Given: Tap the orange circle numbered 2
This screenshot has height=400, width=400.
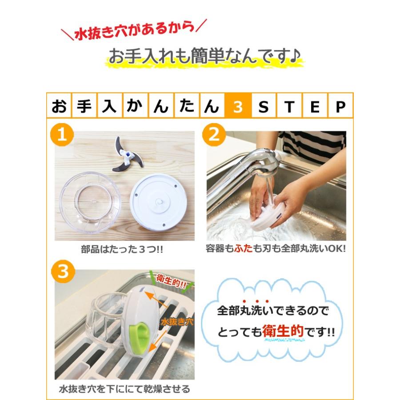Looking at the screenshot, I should pos(214,135).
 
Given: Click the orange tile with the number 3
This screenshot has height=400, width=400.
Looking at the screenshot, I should pos(238,107).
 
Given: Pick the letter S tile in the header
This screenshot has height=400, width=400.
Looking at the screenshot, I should pos(264,107).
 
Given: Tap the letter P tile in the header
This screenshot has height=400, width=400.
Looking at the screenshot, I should pos(340,107).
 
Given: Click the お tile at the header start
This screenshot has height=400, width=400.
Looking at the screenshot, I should pos(59,107).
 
